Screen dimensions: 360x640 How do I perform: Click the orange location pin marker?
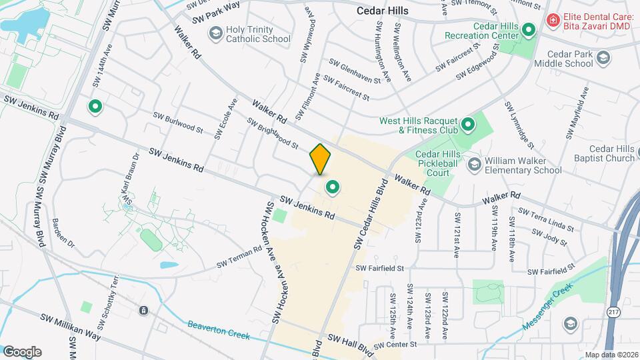click(x=321, y=159)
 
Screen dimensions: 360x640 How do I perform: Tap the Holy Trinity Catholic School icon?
click(x=215, y=33)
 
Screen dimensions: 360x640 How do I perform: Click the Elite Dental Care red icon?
click(x=552, y=21)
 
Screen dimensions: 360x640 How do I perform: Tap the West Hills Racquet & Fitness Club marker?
click(x=468, y=125)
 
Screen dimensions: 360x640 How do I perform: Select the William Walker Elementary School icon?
click(x=474, y=164)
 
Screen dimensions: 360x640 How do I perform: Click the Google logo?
click(x=22, y=351)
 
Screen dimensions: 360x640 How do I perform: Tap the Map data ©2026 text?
click(x=611, y=355)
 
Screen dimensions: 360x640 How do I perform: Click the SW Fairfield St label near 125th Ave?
click(x=380, y=268)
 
